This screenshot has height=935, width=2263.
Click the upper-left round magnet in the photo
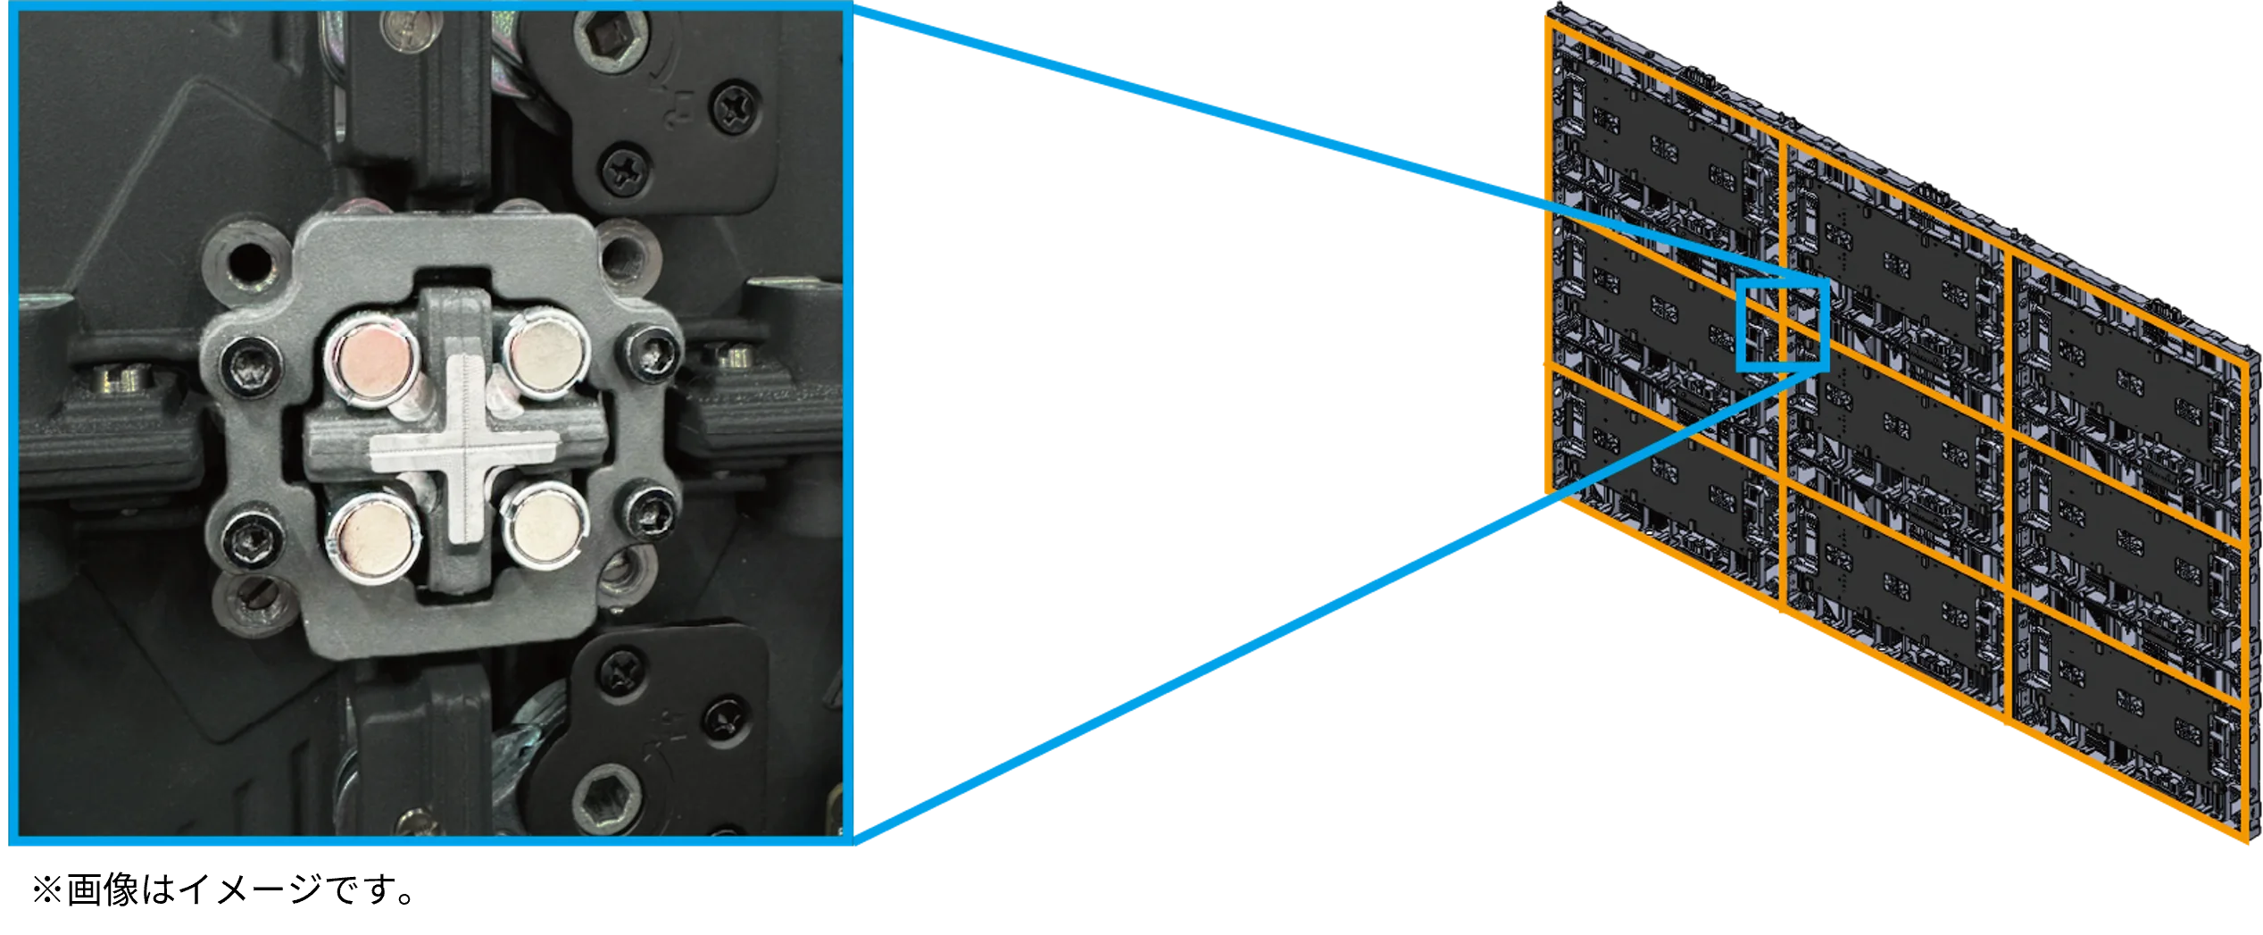[x=374, y=360]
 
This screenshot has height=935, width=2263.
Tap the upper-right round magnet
[x=545, y=354]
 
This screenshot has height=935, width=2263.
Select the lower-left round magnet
[x=372, y=538]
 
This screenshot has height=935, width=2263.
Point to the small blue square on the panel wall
[x=1783, y=324]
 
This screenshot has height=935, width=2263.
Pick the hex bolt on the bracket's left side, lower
[x=251, y=538]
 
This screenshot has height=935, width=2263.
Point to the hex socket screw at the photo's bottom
[x=606, y=797]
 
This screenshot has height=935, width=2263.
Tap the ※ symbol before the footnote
[x=46, y=890]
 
